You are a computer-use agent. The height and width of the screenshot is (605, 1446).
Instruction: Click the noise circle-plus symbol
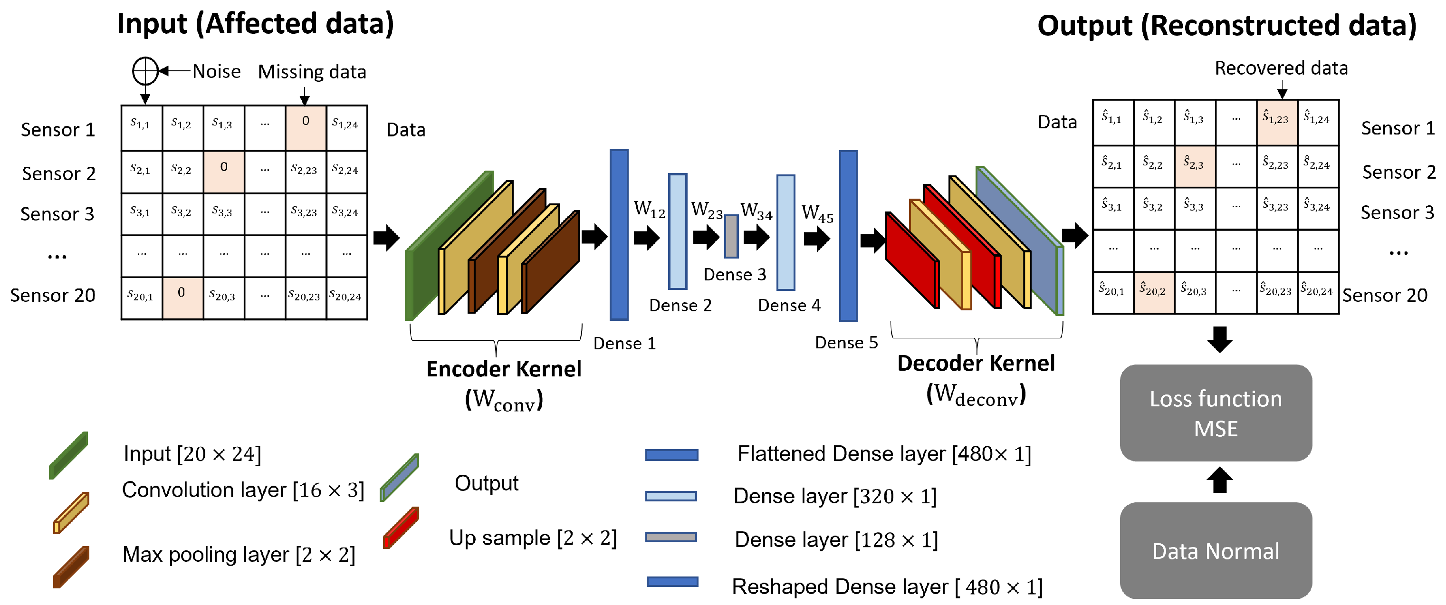click(x=145, y=71)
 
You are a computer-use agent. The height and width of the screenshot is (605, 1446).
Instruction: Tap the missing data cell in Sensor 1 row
click(x=306, y=127)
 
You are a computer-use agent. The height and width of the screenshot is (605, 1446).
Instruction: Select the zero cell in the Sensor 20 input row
click(x=182, y=298)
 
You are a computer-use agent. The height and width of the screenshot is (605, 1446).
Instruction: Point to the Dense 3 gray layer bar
click(x=731, y=236)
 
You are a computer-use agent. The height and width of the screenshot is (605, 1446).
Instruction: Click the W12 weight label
click(x=649, y=209)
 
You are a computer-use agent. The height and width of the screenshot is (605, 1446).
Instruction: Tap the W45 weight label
click(x=817, y=213)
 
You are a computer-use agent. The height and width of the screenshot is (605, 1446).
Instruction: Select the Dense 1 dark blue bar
click(x=619, y=235)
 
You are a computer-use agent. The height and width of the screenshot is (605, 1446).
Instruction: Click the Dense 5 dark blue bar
click(x=848, y=236)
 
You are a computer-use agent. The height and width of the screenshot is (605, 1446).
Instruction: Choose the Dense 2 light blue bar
click(x=678, y=231)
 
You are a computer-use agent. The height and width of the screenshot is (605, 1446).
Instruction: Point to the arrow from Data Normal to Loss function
click(x=1219, y=480)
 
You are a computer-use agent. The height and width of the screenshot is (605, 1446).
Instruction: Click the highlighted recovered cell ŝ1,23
click(x=1276, y=122)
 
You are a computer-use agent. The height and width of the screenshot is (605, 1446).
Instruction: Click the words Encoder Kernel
click(x=504, y=369)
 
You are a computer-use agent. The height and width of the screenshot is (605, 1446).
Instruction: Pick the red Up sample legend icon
click(x=401, y=528)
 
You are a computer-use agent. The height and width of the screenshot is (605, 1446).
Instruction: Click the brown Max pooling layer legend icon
click(x=71, y=567)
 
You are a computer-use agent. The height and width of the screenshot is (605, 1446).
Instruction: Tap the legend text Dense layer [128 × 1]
click(x=836, y=540)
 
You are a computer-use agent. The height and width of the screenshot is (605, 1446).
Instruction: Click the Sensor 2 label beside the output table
click(x=1398, y=172)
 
